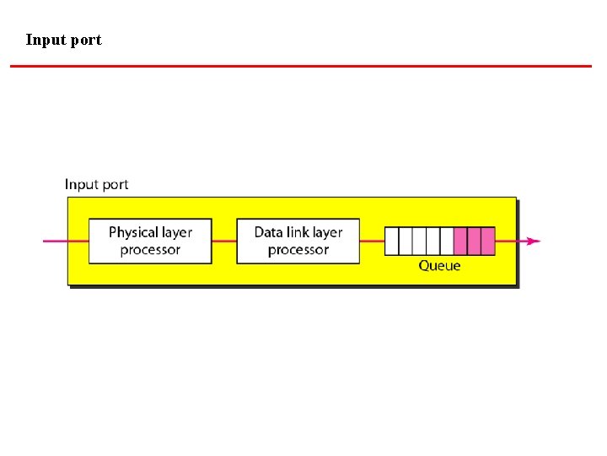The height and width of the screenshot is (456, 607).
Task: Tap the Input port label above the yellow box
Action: (97, 184)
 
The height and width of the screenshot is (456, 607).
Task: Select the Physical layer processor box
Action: (150, 241)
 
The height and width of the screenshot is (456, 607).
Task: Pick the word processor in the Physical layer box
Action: (150, 250)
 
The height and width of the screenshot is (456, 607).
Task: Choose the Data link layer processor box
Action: (298, 241)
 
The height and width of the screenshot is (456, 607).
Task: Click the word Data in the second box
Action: (268, 232)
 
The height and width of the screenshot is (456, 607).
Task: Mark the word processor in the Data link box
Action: (298, 250)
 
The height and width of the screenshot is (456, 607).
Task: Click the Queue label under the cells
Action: (439, 265)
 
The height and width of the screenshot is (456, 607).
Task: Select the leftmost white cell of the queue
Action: (391, 241)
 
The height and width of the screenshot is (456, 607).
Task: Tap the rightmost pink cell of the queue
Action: (488, 241)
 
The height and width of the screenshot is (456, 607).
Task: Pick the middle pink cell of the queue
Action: (474, 241)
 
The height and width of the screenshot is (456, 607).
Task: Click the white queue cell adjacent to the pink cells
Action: (447, 241)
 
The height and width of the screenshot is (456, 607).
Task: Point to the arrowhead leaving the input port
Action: (533, 241)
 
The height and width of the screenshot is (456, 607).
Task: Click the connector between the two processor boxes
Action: (224, 241)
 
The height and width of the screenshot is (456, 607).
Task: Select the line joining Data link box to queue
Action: (372, 241)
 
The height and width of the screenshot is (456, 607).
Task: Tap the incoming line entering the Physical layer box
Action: (66, 241)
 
